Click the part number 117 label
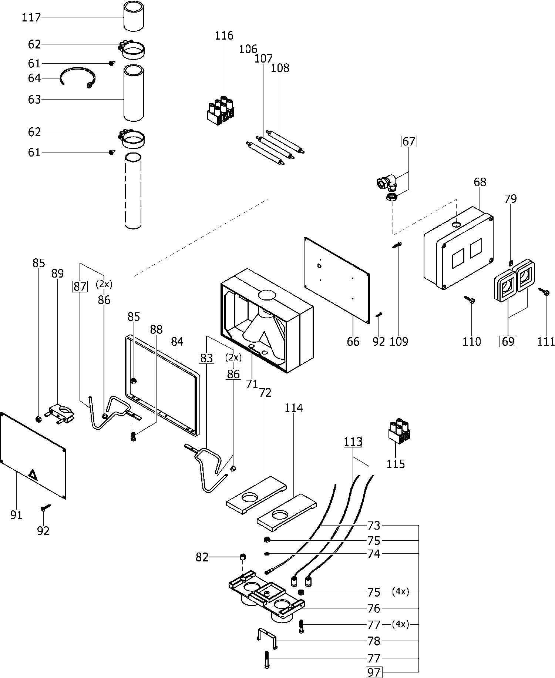click(31, 17)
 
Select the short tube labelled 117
click(134, 16)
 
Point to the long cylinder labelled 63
click(134, 93)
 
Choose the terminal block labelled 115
click(398, 431)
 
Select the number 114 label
click(293, 408)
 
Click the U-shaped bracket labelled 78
click(267, 638)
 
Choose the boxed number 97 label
click(374, 672)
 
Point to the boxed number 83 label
click(206, 358)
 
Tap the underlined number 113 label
click(353, 442)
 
